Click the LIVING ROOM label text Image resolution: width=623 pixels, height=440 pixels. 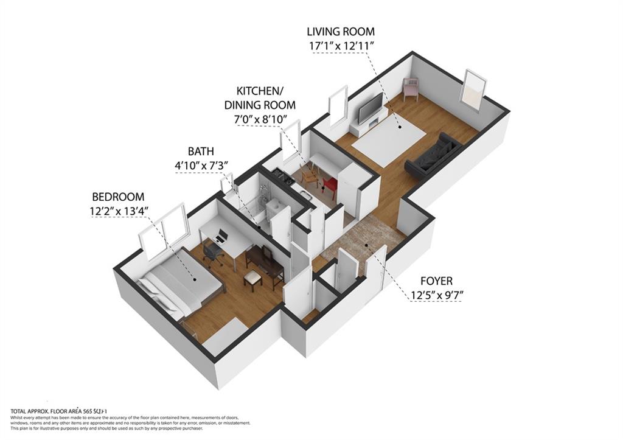[340, 32]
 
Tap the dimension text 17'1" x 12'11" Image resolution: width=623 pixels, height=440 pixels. [340, 45]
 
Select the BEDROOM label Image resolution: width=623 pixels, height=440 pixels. [118, 197]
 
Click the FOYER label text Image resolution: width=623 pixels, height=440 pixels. [436, 281]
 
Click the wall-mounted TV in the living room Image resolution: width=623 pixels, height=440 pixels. [370, 108]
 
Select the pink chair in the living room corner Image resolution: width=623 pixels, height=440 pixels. [411, 89]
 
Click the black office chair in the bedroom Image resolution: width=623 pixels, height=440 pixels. [212, 252]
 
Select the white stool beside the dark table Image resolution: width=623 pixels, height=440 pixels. [252, 278]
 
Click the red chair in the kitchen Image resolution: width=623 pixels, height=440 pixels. [330, 184]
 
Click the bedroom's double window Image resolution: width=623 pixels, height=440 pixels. [162, 229]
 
